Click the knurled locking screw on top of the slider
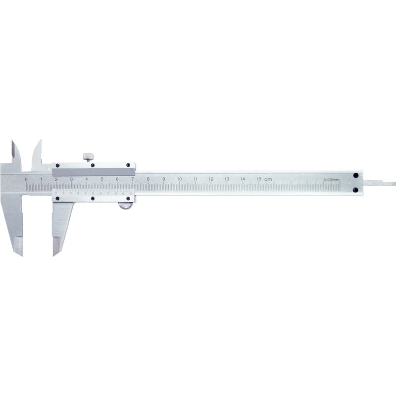pyautogui.click(x=89, y=157)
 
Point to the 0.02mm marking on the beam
pyautogui.click(x=331, y=179)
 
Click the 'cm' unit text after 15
pyautogui.click(x=268, y=179)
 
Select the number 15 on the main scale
pyautogui.click(x=258, y=179)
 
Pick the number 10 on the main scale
pyautogui.click(x=180, y=179)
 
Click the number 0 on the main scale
pyautogui.click(x=26, y=179)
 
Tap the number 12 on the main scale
pyautogui.click(x=211, y=179)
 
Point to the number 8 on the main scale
pyautogui.click(x=148, y=179)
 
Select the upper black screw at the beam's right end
pyautogui.click(x=355, y=175)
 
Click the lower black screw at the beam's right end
pyautogui.click(x=355, y=190)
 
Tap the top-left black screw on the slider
pyautogui.click(x=58, y=166)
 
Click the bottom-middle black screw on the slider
pyautogui.click(x=93, y=198)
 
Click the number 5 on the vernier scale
pyautogui.click(x=93, y=193)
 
